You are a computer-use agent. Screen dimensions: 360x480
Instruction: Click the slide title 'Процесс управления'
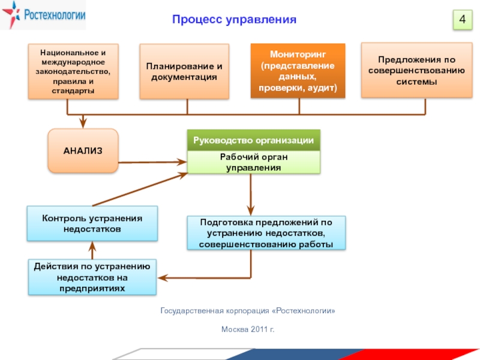(235, 20)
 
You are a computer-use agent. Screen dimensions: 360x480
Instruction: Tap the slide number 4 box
(462, 20)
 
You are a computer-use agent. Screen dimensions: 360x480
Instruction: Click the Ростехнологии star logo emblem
(11, 16)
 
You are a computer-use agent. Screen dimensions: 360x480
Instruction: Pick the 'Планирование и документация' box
(184, 71)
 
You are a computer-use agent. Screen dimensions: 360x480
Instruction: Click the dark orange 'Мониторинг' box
(298, 71)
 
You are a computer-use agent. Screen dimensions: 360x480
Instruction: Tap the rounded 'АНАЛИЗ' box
(83, 151)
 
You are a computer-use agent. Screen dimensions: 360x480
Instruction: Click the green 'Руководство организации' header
(253, 140)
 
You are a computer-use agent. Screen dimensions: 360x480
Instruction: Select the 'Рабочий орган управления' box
(253, 162)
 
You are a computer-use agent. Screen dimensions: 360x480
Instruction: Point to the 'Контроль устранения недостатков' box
(92, 223)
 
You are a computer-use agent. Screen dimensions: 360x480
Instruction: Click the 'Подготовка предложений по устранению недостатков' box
(266, 233)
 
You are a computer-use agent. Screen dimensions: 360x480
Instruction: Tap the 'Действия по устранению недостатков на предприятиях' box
(92, 277)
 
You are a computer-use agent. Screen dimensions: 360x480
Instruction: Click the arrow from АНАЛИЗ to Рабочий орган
(150, 161)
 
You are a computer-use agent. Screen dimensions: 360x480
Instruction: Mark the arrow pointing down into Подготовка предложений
(251, 195)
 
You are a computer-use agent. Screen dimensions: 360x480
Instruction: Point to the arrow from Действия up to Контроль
(92, 249)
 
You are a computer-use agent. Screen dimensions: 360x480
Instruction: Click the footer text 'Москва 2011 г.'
(247, 329)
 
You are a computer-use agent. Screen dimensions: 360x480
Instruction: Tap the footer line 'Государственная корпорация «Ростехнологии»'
(247, 311)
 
